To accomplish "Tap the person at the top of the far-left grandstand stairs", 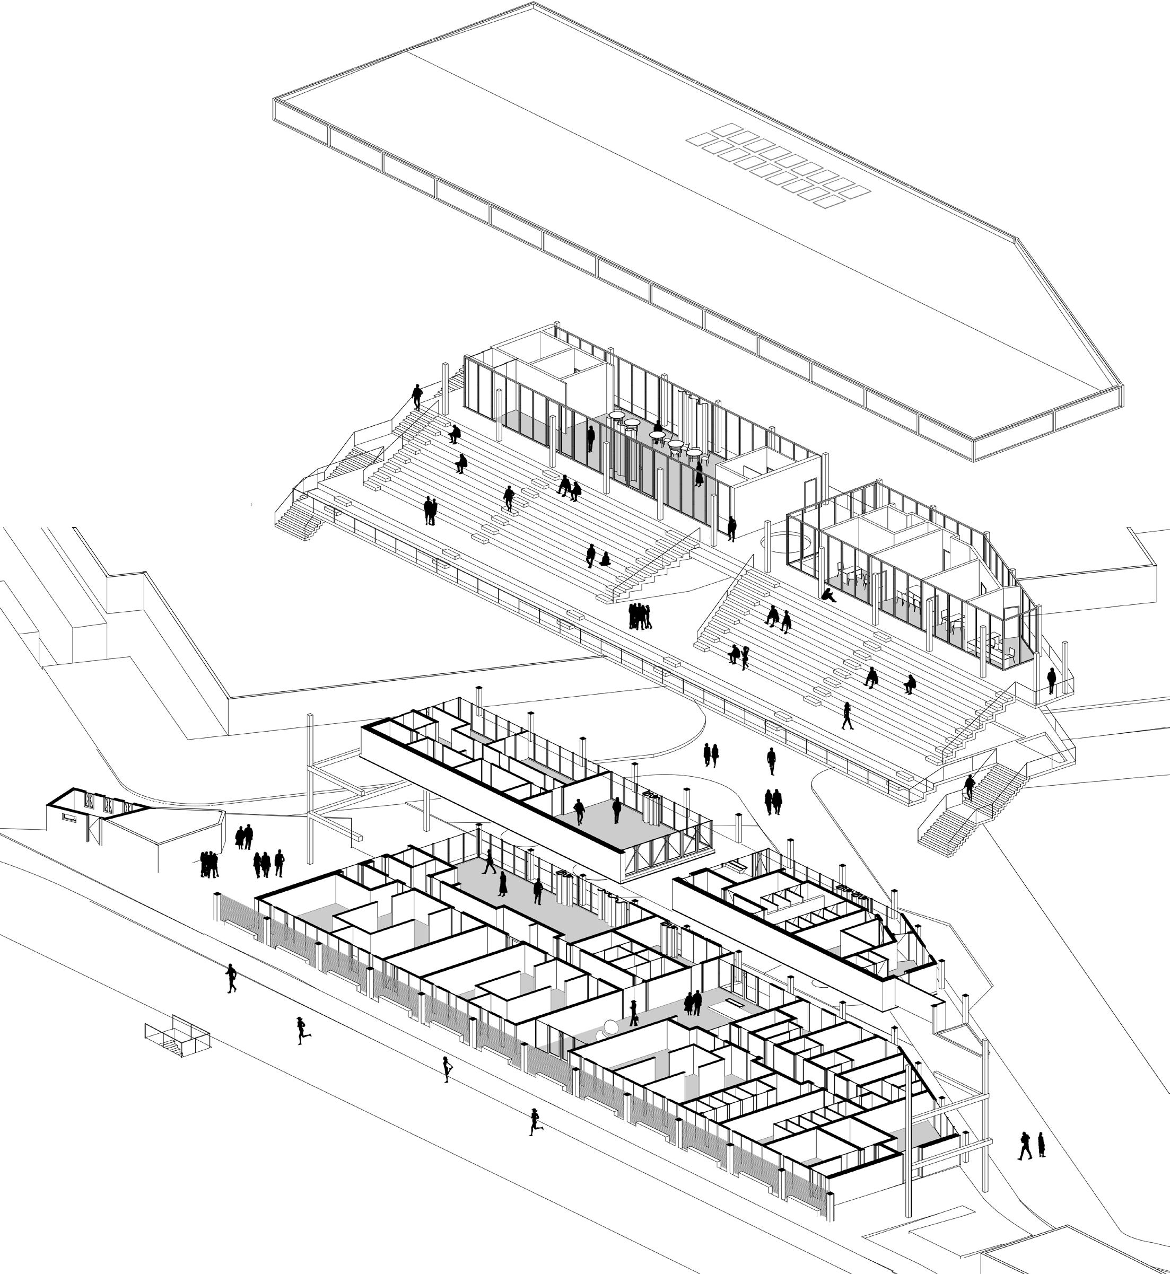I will point(416,397).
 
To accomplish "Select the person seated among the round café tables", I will point(658,427).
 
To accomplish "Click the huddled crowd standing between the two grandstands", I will point(640,616).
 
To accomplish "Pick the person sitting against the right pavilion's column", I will point(827,595).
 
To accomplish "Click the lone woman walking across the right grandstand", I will point(847,715).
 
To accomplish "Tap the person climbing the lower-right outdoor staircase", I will point(970,788).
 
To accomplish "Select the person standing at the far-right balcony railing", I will point(1052,681).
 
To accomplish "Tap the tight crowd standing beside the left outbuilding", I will point(209,865).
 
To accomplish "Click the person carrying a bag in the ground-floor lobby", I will point(634,1012).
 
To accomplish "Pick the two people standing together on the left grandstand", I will point(430,511).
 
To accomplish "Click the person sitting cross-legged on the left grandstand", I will point(605,559).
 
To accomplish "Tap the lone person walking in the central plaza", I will point(771,761).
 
